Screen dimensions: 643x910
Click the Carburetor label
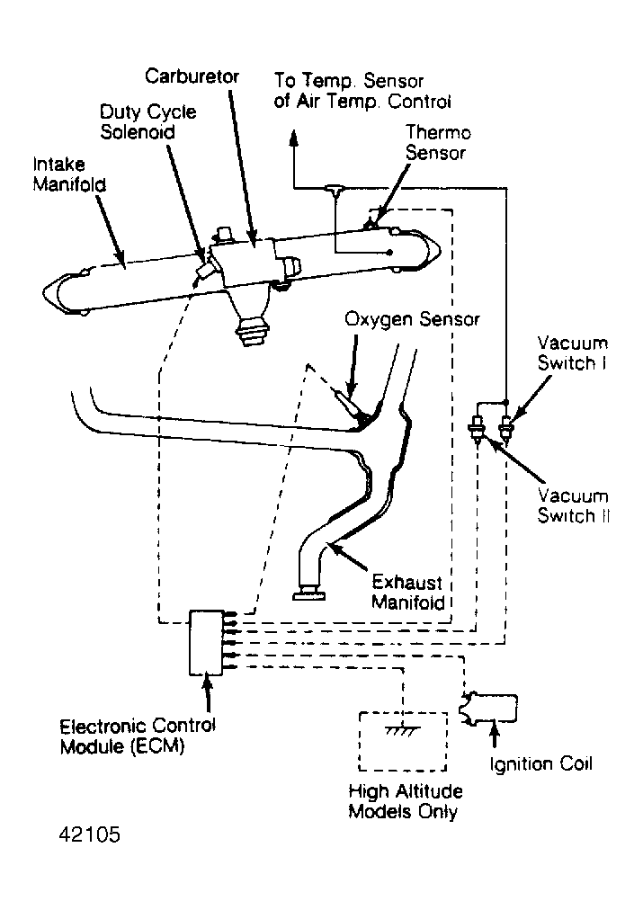point(192,76)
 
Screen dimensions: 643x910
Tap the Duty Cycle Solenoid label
point(147,122)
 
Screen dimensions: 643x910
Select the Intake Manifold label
point(69,174)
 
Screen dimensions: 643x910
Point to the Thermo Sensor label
point(438,142)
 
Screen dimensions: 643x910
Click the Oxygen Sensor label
point(412,319)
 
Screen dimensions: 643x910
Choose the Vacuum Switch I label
point(572,352)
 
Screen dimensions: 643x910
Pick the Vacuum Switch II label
point(574,505)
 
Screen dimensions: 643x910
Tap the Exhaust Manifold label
point(408,592)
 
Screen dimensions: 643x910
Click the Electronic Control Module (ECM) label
point(138,736)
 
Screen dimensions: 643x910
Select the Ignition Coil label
point(540,763)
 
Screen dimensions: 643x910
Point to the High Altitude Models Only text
point(405,801)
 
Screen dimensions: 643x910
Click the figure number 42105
point(89,834)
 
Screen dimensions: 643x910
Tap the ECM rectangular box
point(206,642)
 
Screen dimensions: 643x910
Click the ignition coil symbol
point(488,708)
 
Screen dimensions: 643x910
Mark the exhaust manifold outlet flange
point(308,593)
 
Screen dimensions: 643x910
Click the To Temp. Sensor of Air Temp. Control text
point(362,91)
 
